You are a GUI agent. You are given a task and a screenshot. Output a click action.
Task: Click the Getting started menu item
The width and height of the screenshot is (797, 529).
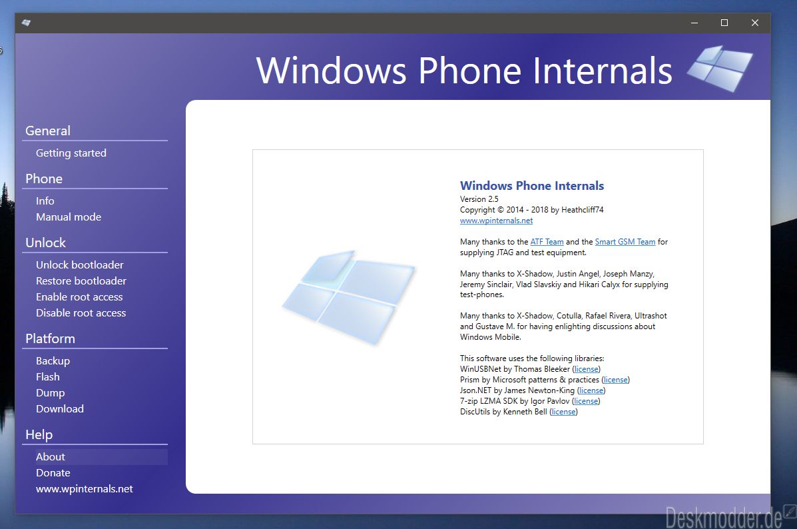tap(71, 153)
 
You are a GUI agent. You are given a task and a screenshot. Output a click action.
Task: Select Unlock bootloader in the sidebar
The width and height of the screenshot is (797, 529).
tap(80, 265)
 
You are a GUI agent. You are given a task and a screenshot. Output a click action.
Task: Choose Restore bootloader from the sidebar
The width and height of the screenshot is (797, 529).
tap(81, 280)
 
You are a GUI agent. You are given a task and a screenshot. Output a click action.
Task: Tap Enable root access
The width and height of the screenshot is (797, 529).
tap(79, 297)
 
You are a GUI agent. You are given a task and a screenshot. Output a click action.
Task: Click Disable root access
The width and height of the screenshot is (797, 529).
tap(81, 313)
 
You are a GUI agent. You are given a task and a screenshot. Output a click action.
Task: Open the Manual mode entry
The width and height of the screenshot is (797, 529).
tap(69, 217)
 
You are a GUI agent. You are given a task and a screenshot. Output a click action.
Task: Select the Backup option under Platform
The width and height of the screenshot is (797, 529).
tap(53, 361)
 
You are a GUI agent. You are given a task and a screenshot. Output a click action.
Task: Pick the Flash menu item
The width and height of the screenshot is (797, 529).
tap(48, 377)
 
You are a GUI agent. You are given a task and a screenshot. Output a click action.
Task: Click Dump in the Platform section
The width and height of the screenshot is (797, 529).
tap(51, 393)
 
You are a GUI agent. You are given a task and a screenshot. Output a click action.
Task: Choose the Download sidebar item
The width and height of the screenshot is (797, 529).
tap(60, 409)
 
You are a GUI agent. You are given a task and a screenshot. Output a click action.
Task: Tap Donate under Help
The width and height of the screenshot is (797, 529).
tap(53, 473)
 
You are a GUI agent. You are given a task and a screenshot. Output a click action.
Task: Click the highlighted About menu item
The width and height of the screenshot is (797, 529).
tap(51, 457)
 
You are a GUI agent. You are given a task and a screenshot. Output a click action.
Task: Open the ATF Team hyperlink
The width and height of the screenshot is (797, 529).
tap(547, 242)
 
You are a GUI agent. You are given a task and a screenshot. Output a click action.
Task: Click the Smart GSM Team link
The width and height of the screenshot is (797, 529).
tap(625, 242)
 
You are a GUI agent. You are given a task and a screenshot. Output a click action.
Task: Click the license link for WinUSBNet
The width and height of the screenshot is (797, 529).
tap(587, 369)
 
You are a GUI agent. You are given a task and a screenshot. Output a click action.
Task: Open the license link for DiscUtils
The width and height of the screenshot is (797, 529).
tap(564, 412)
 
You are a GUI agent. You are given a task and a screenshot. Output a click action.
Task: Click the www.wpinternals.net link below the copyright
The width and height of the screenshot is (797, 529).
tap(496, 221)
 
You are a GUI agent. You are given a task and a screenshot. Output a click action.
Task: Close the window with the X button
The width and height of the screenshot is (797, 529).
tap(755, 23)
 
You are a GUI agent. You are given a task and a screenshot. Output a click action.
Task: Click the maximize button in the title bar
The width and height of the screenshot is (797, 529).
tap(724, 23)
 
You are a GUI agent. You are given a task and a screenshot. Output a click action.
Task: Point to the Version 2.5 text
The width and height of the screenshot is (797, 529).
tap(479, 199)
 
